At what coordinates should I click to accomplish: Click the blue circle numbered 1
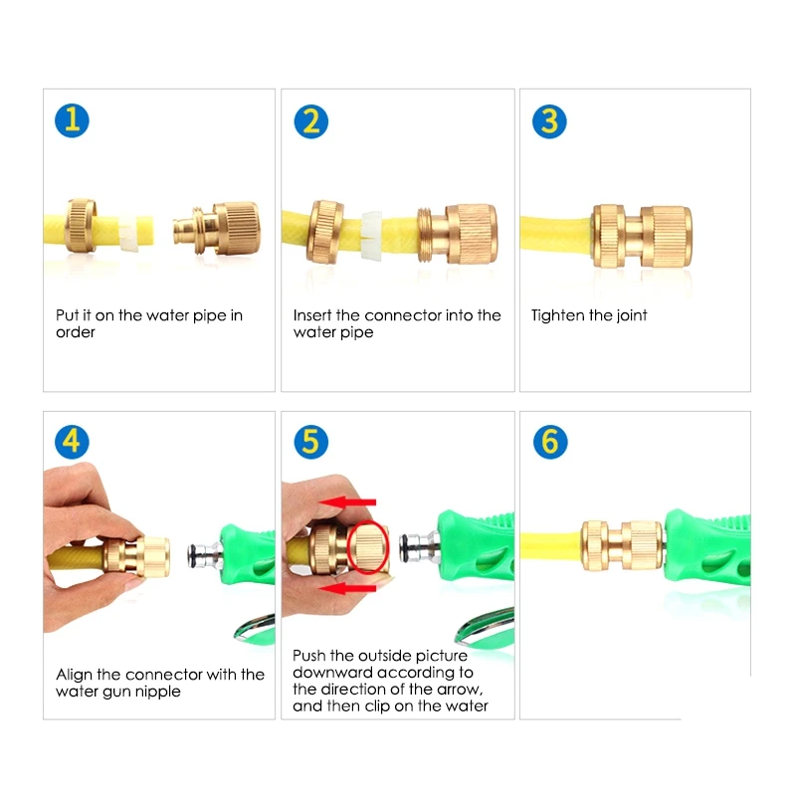click(72, 120)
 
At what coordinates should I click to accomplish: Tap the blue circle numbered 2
click(310, 121)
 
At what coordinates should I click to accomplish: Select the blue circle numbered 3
click(549, 121)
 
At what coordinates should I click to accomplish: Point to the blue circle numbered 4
click(72, 442)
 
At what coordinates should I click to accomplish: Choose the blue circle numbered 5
click(310, 442)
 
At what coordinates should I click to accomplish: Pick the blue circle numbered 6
click(549, 442)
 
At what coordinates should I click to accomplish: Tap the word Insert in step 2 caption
click(312, 315)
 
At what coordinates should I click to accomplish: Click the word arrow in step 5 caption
click(459, 689)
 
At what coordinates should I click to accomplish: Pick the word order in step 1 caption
click(76, 332)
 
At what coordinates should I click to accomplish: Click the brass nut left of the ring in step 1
click(85, 228)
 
